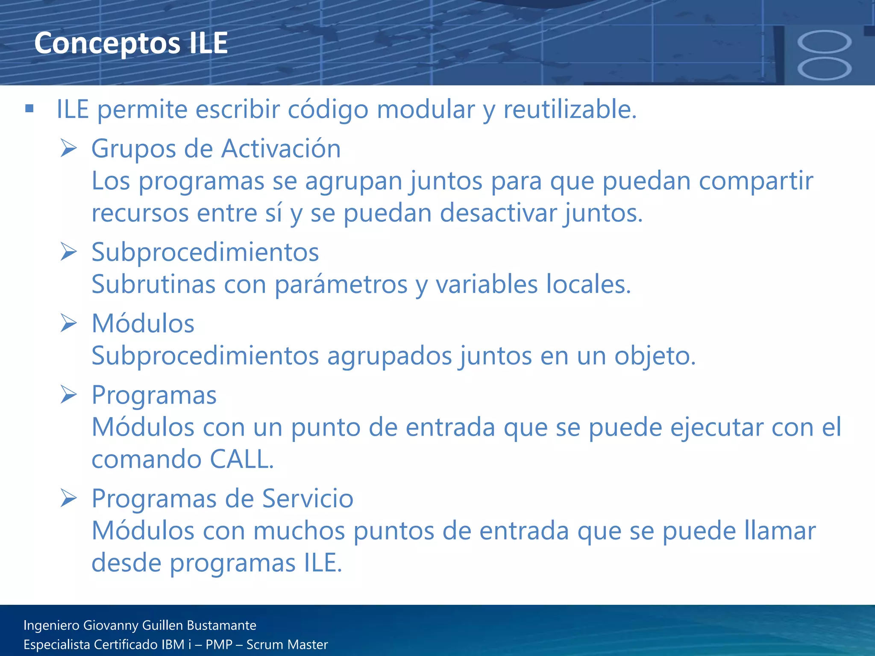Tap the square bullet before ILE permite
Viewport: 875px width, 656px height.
coord(29,108)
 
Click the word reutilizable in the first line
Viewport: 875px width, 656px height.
coord(570,109)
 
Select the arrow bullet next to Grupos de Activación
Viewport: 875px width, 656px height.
coord(68,148)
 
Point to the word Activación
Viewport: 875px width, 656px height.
coord(281,149)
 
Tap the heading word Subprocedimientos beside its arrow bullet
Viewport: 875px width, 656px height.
coord(205,252)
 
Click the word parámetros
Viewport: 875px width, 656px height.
coord(341,284)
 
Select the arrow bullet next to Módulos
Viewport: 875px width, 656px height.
coord(68,323)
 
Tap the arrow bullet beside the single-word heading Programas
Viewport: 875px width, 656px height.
coord(68,394)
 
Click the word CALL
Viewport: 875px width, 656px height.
coord(241,459)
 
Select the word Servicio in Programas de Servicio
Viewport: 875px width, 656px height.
coord(307,498)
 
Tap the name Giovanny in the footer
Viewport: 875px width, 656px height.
coord(111,626)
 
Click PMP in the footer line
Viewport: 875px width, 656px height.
coord(219,644)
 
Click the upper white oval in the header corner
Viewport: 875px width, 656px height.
coord(824,42)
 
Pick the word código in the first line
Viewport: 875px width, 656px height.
coord(328,109)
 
